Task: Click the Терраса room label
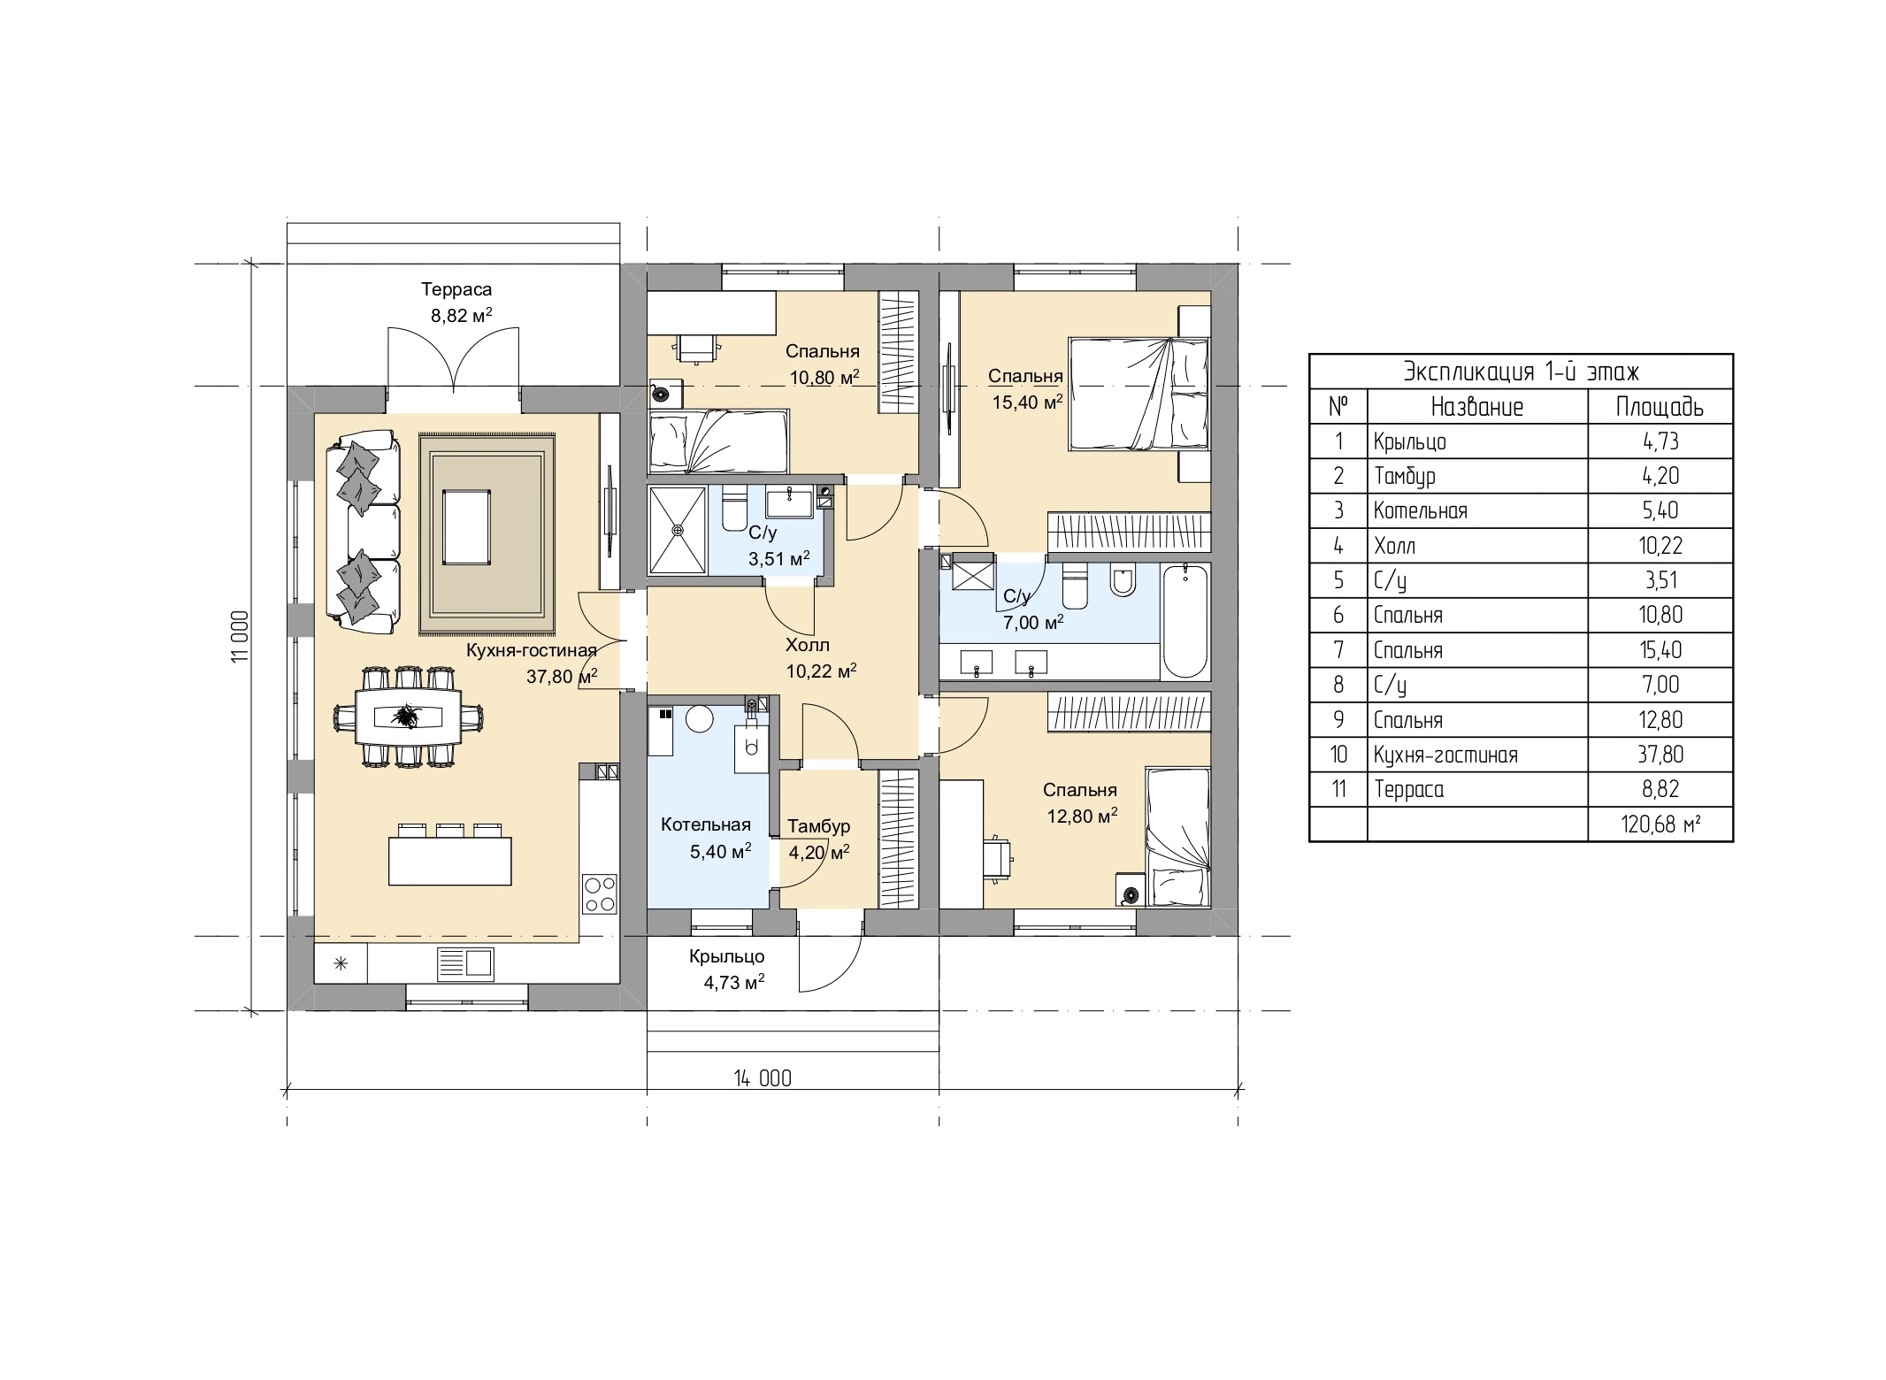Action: [x=456, y=289]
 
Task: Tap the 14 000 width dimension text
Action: [x=763, y=1078]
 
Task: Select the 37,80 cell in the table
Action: [x=1660, y=755]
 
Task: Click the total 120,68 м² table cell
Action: [x=1660, y=824]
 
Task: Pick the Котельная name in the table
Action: [x=1420, y=510]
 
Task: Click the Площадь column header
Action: [x=1660, y=406]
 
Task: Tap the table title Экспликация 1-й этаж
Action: [x=1521, y=372]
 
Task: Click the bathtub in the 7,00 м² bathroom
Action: [x=1184, y=621]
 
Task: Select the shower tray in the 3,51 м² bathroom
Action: [x=678, y=529]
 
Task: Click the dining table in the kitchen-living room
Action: [x=408, y=716]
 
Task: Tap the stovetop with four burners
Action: [x=600, y=893]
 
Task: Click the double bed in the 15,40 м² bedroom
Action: [x=1138, y=395]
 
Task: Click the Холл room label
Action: [x=808, y=645]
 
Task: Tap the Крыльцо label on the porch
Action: [x=726, y=956]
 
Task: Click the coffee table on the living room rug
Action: [x=466, y=528]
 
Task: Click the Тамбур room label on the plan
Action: [x=818, y=826]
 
